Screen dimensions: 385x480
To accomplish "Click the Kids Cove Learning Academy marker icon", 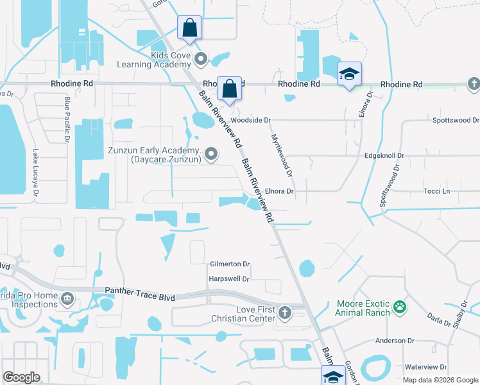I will coord(201,60).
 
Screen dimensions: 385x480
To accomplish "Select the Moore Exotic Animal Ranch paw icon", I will coord(401,307).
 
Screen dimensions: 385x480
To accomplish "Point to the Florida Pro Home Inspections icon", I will coord(67,299).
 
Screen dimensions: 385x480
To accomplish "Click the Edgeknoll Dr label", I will coord(384,155).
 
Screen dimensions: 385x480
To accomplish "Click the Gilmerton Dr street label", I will coord(230,264).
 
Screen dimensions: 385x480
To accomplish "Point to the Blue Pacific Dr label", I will coord(66,119).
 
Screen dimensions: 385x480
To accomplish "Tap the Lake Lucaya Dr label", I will coord(36,174).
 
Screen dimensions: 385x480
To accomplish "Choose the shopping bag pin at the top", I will coord(189,28).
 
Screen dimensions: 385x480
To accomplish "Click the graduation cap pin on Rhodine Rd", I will coord(349,74).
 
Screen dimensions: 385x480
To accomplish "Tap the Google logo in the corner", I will coord(21,377).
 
